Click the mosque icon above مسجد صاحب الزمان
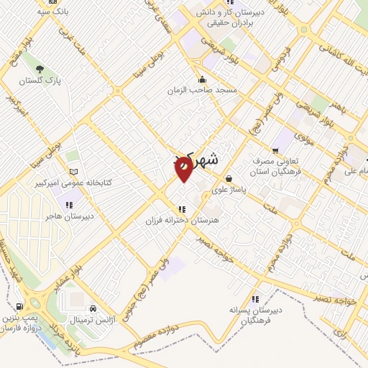pyautogui.click(x=203, y=80)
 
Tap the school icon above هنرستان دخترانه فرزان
pyautogui.click(x=170, y=208)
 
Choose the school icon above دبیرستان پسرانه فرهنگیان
pyautogui.click(x=254, y=299)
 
